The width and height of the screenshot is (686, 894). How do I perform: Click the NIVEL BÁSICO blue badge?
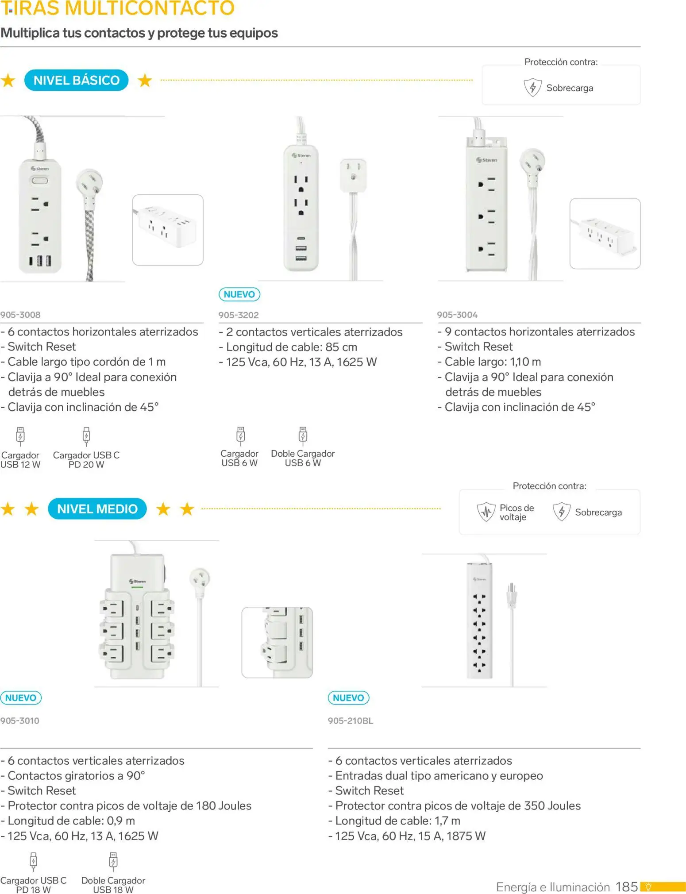click(76, 80)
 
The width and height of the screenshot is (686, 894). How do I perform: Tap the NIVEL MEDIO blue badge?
click(97, 509)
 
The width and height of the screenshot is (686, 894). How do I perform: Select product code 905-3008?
click(20, 315)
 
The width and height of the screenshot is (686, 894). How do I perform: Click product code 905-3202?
click(239, 315)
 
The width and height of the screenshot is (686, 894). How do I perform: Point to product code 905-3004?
click(457, 315)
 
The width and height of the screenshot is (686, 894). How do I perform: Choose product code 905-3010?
click(20, 721)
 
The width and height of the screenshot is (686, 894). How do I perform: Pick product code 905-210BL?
click(351, 721)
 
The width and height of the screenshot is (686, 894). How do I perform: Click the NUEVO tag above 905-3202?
click(239, 294)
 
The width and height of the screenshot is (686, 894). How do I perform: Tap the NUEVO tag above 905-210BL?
click(348, 698)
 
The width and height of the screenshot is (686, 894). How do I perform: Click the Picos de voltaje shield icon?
click(486, 512)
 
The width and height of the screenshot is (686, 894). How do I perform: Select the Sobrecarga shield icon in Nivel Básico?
click(532, 87)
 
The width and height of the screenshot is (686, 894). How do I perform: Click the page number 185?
click(626, 886)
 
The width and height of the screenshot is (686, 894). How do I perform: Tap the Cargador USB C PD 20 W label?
click(86, 459)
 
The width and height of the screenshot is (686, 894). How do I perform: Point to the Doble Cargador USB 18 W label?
click(113, 885)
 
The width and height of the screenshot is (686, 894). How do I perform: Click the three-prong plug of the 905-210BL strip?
click(512, 594)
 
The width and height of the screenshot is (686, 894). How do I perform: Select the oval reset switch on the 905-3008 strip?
click(39, 181)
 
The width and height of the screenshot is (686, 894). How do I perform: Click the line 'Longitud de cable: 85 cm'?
click(291, 347)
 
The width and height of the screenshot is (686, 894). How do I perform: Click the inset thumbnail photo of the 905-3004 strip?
click(605, 233)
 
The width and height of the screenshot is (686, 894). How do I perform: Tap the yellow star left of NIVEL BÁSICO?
click(8, 81)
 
